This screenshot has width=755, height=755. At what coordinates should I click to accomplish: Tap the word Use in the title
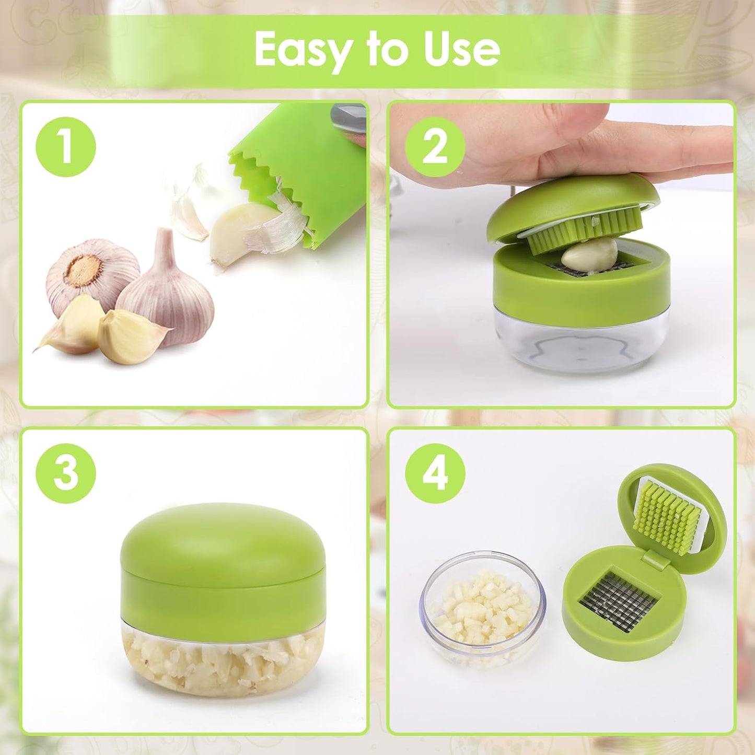pos(462,49)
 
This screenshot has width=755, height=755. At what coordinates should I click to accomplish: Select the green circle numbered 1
pos(66,147)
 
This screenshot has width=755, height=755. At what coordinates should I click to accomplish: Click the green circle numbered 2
pos(435,147)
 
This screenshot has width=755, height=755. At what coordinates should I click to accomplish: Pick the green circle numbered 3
pos(66,473)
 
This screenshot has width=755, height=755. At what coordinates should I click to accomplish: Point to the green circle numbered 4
pos(435,473)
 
